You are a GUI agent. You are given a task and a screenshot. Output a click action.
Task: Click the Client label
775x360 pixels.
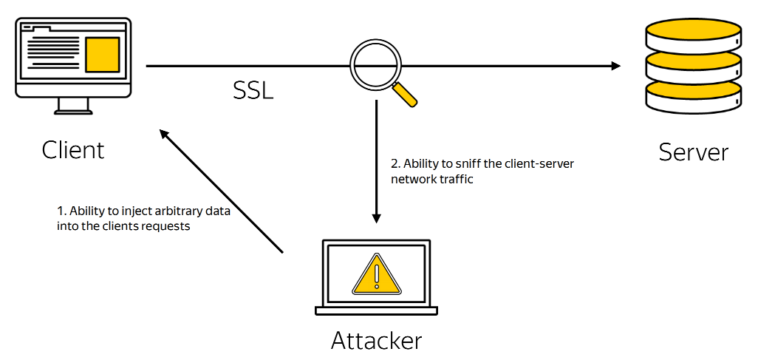pos(73,150)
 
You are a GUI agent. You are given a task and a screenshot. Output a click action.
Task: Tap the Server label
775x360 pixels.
pos(694,152)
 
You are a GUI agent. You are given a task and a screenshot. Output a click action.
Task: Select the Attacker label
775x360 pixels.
pos(376,340)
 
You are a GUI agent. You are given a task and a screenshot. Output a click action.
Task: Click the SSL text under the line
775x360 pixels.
pos(253,90)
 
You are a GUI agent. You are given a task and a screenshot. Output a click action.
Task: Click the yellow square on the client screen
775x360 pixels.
pos(102,55)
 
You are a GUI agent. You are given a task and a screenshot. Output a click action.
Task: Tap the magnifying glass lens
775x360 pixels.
pos(375,65)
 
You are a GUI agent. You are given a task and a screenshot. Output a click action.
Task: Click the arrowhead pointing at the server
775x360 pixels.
pos(616,65)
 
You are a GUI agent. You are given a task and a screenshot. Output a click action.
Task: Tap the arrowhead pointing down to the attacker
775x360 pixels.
pos(376,218)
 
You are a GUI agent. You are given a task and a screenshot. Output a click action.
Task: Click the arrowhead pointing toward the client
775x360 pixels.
pos(163,134)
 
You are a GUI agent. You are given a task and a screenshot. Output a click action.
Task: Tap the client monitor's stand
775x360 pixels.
pos(73,105)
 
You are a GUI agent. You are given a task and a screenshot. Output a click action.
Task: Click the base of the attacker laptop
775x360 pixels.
pos(376,310)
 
